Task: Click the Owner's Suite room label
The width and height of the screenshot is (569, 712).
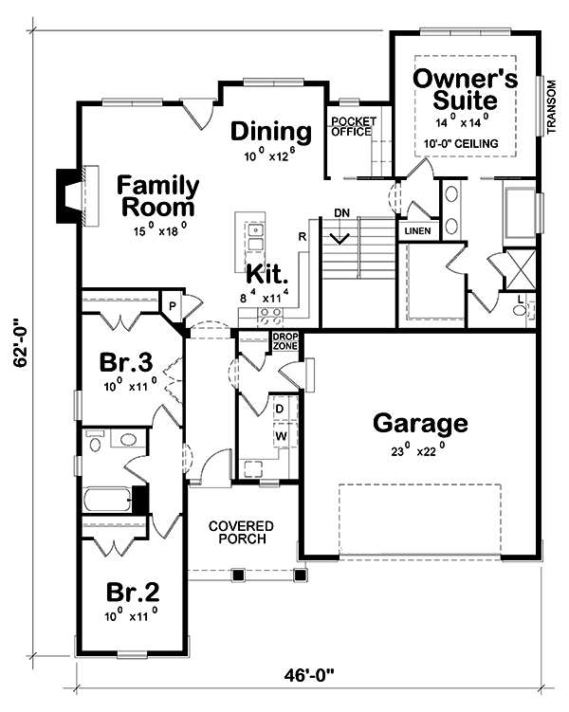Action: [x=465, y=89]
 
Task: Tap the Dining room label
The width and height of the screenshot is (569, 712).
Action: [x=271, y=131]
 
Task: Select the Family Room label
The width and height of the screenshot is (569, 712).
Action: [x=158, y=196]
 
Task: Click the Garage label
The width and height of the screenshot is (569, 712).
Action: [x=420, y=423]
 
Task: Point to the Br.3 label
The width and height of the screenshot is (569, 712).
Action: [x=126, y=362]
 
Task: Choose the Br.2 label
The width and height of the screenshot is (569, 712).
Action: [x=133, y=593]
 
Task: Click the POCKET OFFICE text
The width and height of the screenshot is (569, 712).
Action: [x=354, y=127]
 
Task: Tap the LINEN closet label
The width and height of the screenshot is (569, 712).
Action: [x=417, y=231]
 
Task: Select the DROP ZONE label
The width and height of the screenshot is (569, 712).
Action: [x=285, y=341]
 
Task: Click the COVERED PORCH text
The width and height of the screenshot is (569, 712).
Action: [x=241, y=532]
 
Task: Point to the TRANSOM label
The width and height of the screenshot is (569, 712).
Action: [x=551, y=107]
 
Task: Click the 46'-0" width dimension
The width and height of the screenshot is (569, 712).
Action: [x=309, y=675]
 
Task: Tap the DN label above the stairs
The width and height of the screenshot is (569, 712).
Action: [x=341, y=212]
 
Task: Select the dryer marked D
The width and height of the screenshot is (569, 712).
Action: [x=280, y=409]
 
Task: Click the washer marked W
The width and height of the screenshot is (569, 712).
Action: [x=281, y=436]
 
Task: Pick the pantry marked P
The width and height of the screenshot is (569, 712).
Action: [x=173, y=305]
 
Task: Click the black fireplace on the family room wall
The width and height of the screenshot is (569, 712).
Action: [x=67, y=195]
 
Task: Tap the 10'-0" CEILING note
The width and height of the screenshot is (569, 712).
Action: [x=461, y=144]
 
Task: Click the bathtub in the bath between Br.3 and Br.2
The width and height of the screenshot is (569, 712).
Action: [x=107, y=500]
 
